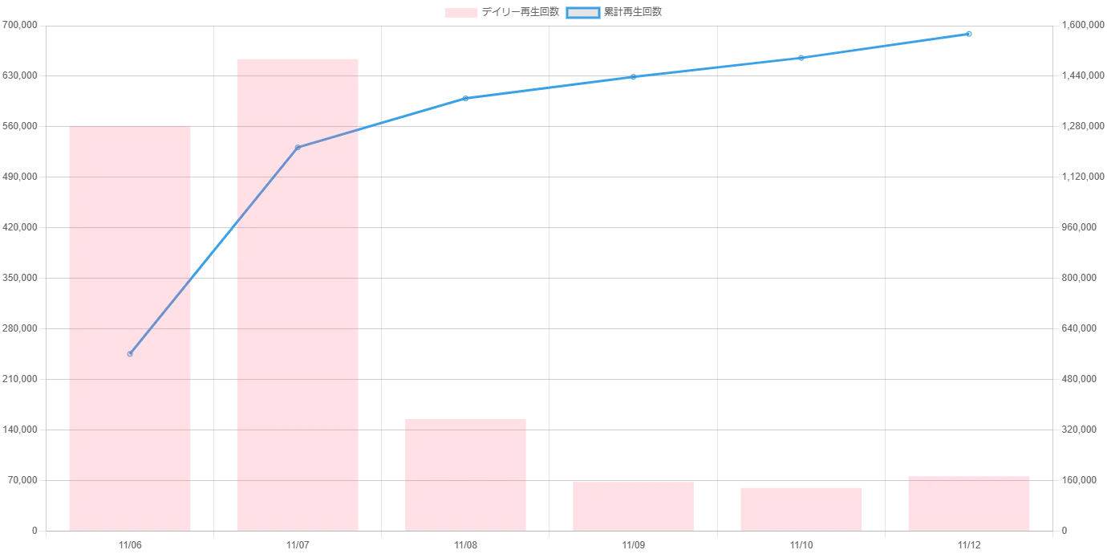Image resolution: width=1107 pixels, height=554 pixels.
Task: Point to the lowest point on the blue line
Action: (130, 353)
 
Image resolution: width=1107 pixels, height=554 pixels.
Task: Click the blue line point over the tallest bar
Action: (298, 147)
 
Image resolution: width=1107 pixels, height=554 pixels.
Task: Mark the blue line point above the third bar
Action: (465, 99)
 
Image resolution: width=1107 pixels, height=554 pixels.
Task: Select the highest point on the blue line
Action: (969, 34)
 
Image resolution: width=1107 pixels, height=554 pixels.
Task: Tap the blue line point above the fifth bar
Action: (801, 58)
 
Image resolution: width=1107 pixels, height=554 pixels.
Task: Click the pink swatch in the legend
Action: (461, 13)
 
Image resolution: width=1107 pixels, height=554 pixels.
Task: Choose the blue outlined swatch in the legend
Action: (583, 13)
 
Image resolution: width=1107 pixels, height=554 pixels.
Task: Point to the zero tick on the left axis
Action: (34, 532)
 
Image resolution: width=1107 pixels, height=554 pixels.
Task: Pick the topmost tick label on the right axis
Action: (1078, 26)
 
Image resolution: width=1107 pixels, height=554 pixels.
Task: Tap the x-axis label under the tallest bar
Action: (297, 546)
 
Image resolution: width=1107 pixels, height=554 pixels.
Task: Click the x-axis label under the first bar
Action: (130, 546)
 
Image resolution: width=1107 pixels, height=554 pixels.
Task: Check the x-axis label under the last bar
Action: (968, 546)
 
